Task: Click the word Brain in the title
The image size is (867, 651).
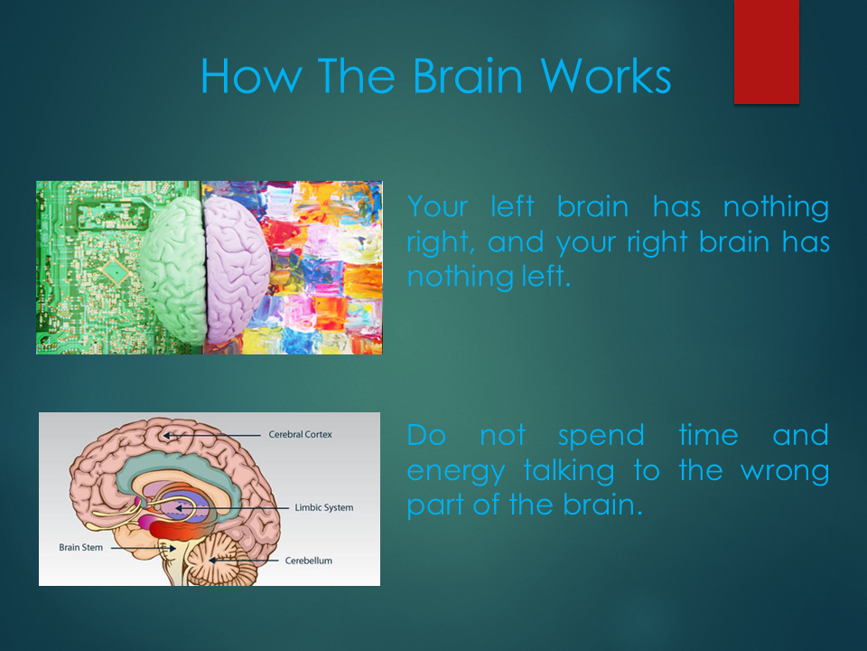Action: tap(467, 76)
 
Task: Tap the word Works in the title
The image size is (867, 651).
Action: tap(605, 76)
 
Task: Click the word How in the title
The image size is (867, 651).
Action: tap(251, 76)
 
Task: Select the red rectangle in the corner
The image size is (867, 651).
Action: tap(767, 52)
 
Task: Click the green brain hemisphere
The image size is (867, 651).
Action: tap(172, 270)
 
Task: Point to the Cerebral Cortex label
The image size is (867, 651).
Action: tap(300, 435)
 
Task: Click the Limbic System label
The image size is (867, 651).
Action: tap(324, 507)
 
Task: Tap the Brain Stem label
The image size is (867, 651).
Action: tap(80, 548)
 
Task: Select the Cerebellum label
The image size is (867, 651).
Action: tap(309, 561)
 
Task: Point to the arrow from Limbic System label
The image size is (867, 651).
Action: tap(232, 508)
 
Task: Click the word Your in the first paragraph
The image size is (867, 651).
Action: tap(437, 208)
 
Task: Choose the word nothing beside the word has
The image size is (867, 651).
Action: tap(776, 207)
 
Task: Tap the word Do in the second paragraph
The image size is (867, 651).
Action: tap(426, 435)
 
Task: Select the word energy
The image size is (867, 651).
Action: tap(456, 473)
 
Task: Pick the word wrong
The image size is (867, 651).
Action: tap(785, 473)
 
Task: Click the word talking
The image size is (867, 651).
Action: tap(569, 472)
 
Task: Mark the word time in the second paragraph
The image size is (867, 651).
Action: tap(708, 435)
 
